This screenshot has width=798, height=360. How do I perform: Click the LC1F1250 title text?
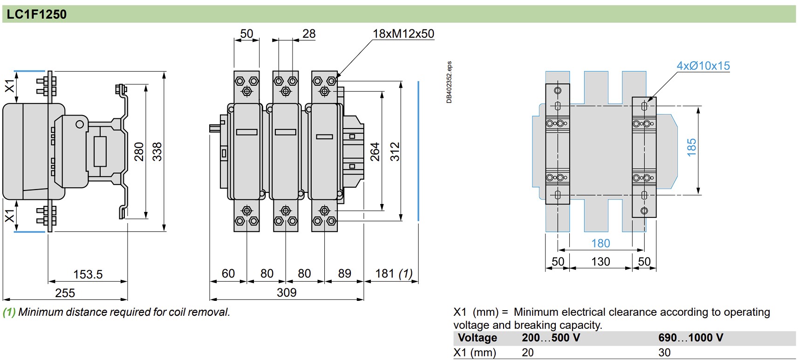(36, 14)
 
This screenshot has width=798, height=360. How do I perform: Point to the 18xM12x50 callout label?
(403, 34)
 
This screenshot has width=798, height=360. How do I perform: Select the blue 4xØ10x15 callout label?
(703, 66)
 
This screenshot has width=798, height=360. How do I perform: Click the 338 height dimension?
(157, 151)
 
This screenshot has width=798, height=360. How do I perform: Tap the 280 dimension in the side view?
(138, 151)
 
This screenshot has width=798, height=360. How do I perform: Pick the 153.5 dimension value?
(88, 274)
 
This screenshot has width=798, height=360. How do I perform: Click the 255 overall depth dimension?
(65, 292)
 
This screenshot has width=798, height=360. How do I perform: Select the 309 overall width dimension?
(286, 292)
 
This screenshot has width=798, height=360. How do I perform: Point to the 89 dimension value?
(344, 273)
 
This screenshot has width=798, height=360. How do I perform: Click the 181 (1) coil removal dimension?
(394, 273)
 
